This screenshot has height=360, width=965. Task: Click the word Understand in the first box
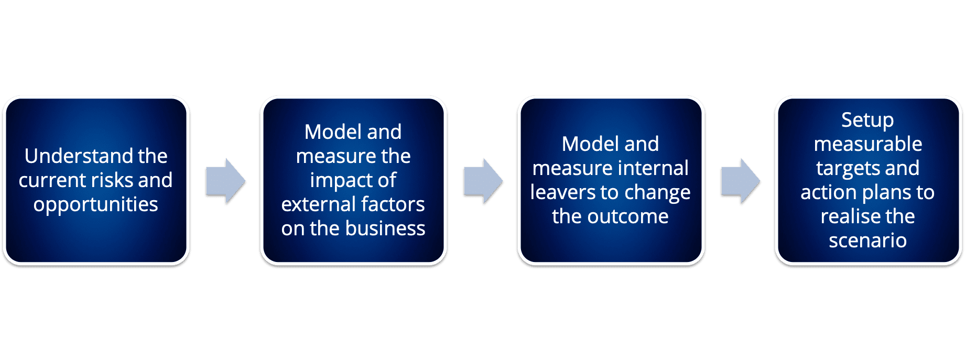point(74,156)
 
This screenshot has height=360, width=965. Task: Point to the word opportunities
point(96,205)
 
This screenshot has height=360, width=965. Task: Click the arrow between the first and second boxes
point(225,181)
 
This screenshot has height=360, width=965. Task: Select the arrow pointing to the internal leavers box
point(483,181)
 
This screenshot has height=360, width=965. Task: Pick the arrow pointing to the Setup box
point(741,181)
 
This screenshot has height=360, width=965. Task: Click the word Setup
point(868,121)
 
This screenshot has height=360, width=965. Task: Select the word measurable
point(868,144)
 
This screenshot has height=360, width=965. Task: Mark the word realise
point(844,216)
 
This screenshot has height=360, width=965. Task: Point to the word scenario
point(868,241)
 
